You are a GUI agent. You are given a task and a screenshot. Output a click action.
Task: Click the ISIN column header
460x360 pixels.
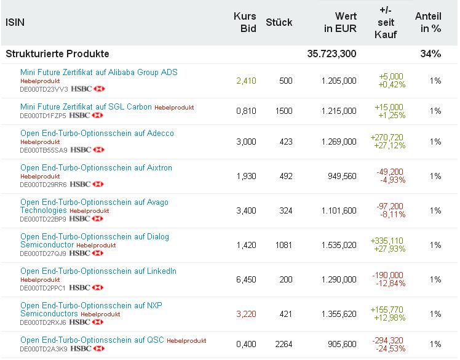15,22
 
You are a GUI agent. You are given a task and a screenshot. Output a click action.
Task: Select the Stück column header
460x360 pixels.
279,22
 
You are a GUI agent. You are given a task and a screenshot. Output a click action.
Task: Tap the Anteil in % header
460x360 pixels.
428,22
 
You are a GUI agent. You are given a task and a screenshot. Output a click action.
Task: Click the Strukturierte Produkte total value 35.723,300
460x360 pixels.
331,54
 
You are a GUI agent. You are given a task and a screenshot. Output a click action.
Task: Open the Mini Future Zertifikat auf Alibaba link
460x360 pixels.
98,72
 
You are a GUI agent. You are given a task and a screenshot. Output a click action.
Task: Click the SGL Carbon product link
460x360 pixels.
85,106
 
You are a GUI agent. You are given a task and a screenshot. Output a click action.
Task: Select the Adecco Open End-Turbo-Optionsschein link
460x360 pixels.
97,133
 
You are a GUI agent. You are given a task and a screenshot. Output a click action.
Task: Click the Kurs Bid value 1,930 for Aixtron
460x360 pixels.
246,176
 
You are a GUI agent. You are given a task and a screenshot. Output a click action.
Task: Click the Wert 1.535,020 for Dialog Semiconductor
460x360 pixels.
338,245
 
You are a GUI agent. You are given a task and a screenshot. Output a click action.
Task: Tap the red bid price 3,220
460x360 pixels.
246,314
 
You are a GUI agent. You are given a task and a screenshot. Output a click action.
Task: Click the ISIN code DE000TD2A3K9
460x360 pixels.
43,349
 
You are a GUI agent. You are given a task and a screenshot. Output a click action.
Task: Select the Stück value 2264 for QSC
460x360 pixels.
284,344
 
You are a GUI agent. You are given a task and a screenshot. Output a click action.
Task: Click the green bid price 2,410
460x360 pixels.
246,81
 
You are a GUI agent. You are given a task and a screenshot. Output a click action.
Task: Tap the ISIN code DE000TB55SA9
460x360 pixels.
44,150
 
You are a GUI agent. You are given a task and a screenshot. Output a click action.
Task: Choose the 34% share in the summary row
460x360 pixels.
430,54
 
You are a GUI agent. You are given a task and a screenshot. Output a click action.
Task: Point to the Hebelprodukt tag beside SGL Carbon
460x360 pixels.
173,107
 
